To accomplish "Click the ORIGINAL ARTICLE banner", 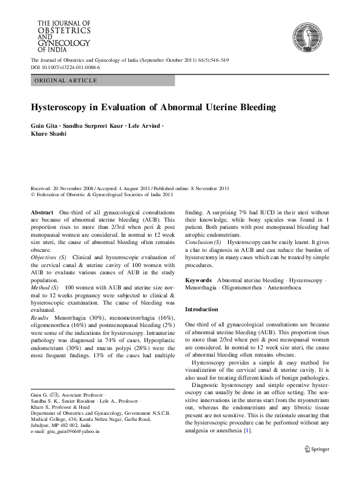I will [103, 80].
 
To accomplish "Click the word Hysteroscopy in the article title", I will [59, 107].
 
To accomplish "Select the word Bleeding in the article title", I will [240, 107].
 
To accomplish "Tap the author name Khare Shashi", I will [49, 133].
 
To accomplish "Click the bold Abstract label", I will [42, 213].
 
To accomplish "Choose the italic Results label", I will [41, 315].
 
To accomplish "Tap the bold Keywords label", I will [198, 281].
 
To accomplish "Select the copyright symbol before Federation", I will [33, 195].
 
